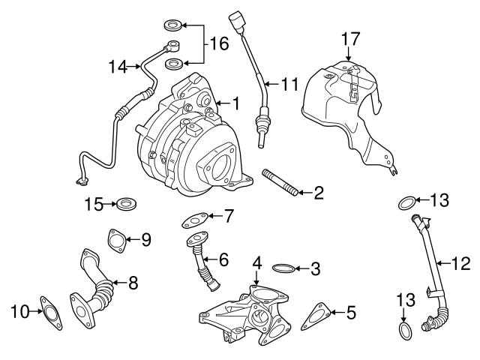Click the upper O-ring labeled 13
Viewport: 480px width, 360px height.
point(403,201)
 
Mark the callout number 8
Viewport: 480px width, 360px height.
point(133,283)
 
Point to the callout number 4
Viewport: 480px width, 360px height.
point(256,263)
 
